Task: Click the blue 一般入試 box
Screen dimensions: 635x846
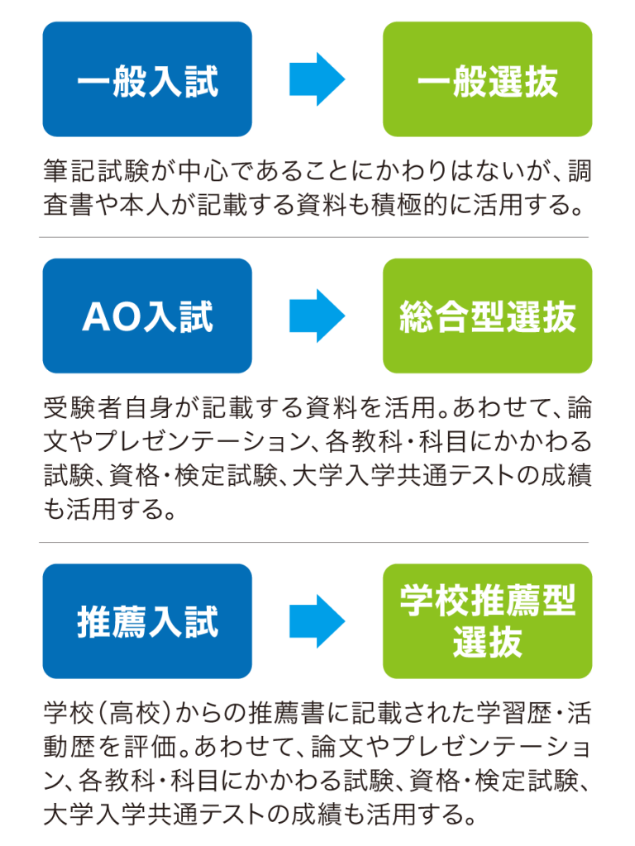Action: tap(147, 79)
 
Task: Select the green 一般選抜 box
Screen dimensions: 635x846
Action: tap(488, 79)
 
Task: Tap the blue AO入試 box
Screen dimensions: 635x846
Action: tap(147, 316)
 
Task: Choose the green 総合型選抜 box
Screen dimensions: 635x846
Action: tap(488, 316)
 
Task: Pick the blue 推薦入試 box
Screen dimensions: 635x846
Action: tap(147, 621)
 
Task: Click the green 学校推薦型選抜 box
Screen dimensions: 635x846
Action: tap(488, 621)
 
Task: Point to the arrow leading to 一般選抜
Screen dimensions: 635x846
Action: tap(317, 79)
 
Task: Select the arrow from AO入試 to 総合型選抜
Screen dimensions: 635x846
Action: tap(317, 316)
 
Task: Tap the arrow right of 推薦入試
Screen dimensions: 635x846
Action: tap(317, 621)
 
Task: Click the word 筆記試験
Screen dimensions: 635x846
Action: tap(97, 171)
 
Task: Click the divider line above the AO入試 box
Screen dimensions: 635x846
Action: tap(313, 237)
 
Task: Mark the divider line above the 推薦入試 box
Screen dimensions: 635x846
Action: tap(313, 543)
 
